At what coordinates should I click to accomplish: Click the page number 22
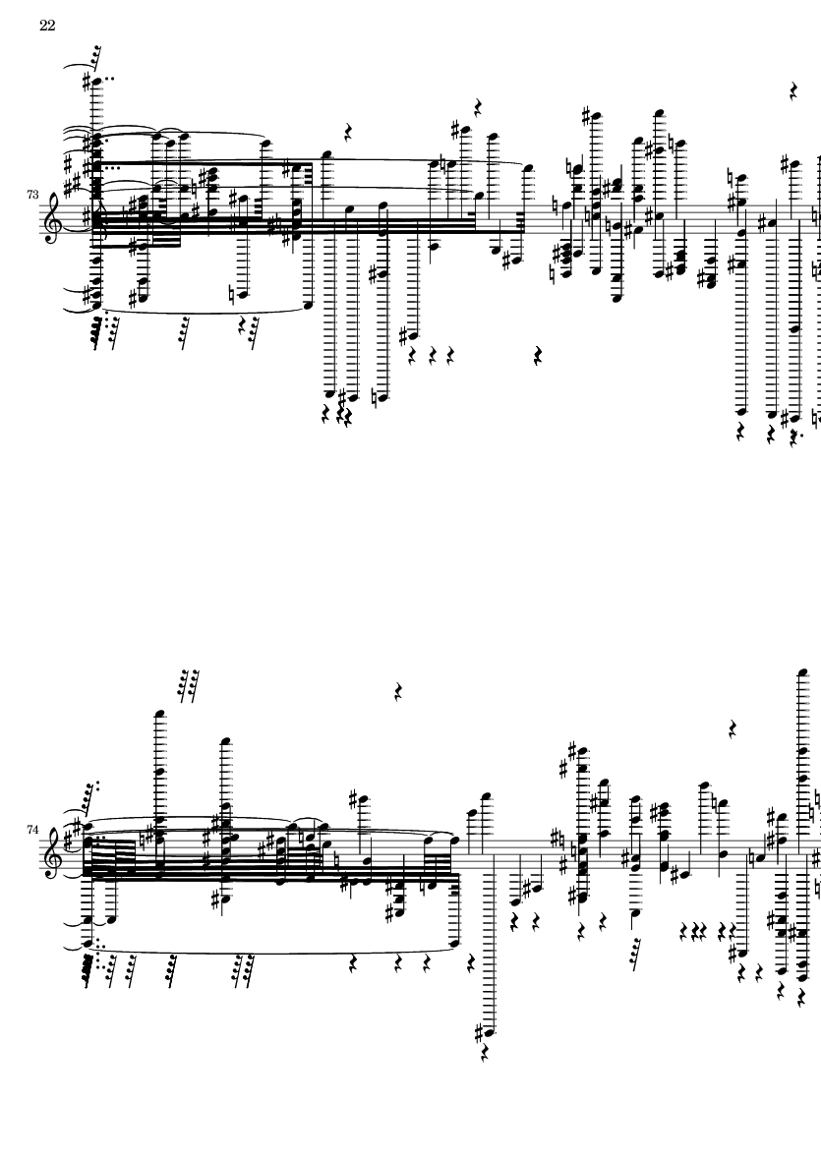[x=46, y=27]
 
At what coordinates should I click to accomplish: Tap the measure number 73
[x=34, y=196]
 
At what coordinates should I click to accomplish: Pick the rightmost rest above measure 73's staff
[x=793, y=92]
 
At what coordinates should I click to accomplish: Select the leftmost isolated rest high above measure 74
[x=397, y=692]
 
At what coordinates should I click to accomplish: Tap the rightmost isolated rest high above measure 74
[x=733, y=728]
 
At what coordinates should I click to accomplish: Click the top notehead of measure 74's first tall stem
[x=158, y=712]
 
